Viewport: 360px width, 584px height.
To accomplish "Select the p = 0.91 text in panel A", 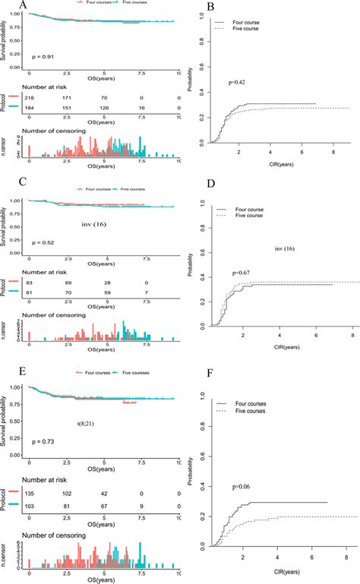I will [43, 56].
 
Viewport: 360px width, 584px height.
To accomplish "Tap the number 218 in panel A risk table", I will [30, 99].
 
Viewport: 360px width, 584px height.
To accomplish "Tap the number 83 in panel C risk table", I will [30, 283].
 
